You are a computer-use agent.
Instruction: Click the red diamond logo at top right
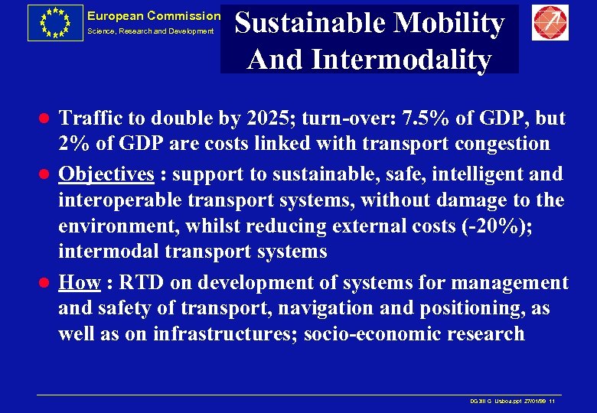(550, 23)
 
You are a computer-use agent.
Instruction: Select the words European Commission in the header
(153, 16)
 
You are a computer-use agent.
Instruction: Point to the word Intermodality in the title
(408, 59)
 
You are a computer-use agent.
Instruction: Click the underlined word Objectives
(106, 174)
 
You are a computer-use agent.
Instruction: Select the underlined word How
(80, 283)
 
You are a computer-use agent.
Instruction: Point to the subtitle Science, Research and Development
(150, 31)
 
